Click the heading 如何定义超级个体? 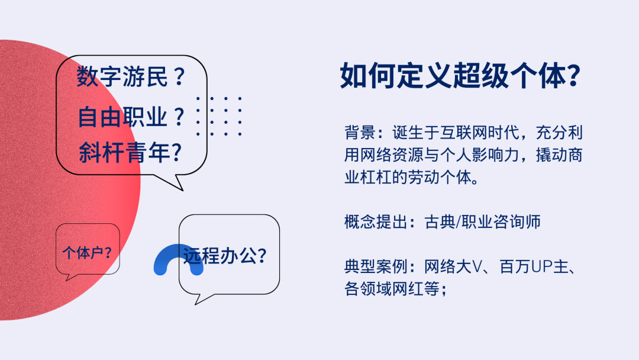[460, 76]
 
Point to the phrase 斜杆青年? [130, 153]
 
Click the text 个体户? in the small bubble [87, 253]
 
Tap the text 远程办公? [225, 256]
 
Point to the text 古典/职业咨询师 [483, 222]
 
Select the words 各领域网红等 [392, 289]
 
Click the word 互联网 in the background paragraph [464, 133]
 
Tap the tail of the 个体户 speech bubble [71, 277]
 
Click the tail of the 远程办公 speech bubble [201, 299]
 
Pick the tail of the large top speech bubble [171, 183]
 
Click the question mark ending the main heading [575, 76]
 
